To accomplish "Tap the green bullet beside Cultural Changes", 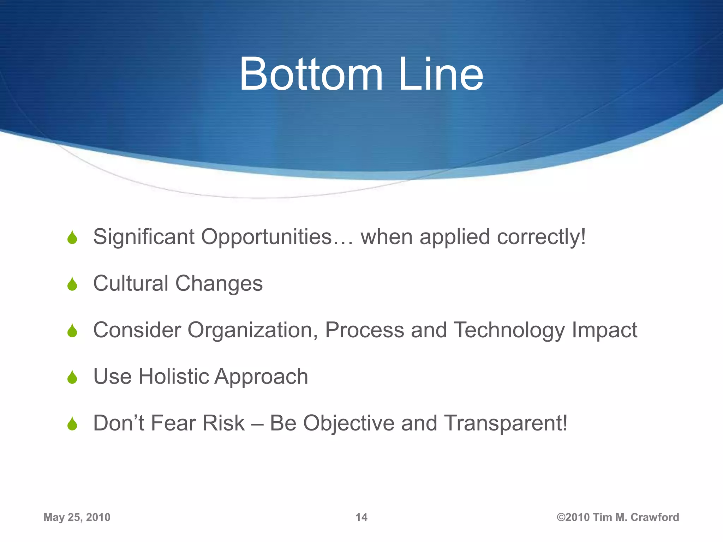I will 72,284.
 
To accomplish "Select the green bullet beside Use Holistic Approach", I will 72,378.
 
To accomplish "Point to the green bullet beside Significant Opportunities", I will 72,238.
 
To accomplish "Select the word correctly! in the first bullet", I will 541,237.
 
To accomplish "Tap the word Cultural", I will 131,283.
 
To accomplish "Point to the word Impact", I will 604,330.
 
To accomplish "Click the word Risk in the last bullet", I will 223,423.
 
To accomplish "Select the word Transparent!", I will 506,423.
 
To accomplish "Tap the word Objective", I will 348,423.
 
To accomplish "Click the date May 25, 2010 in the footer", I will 77,517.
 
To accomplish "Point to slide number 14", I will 361,517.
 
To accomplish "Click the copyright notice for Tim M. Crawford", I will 618,517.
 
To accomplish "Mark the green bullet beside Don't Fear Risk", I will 72,424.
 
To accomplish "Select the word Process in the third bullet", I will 364,330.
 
